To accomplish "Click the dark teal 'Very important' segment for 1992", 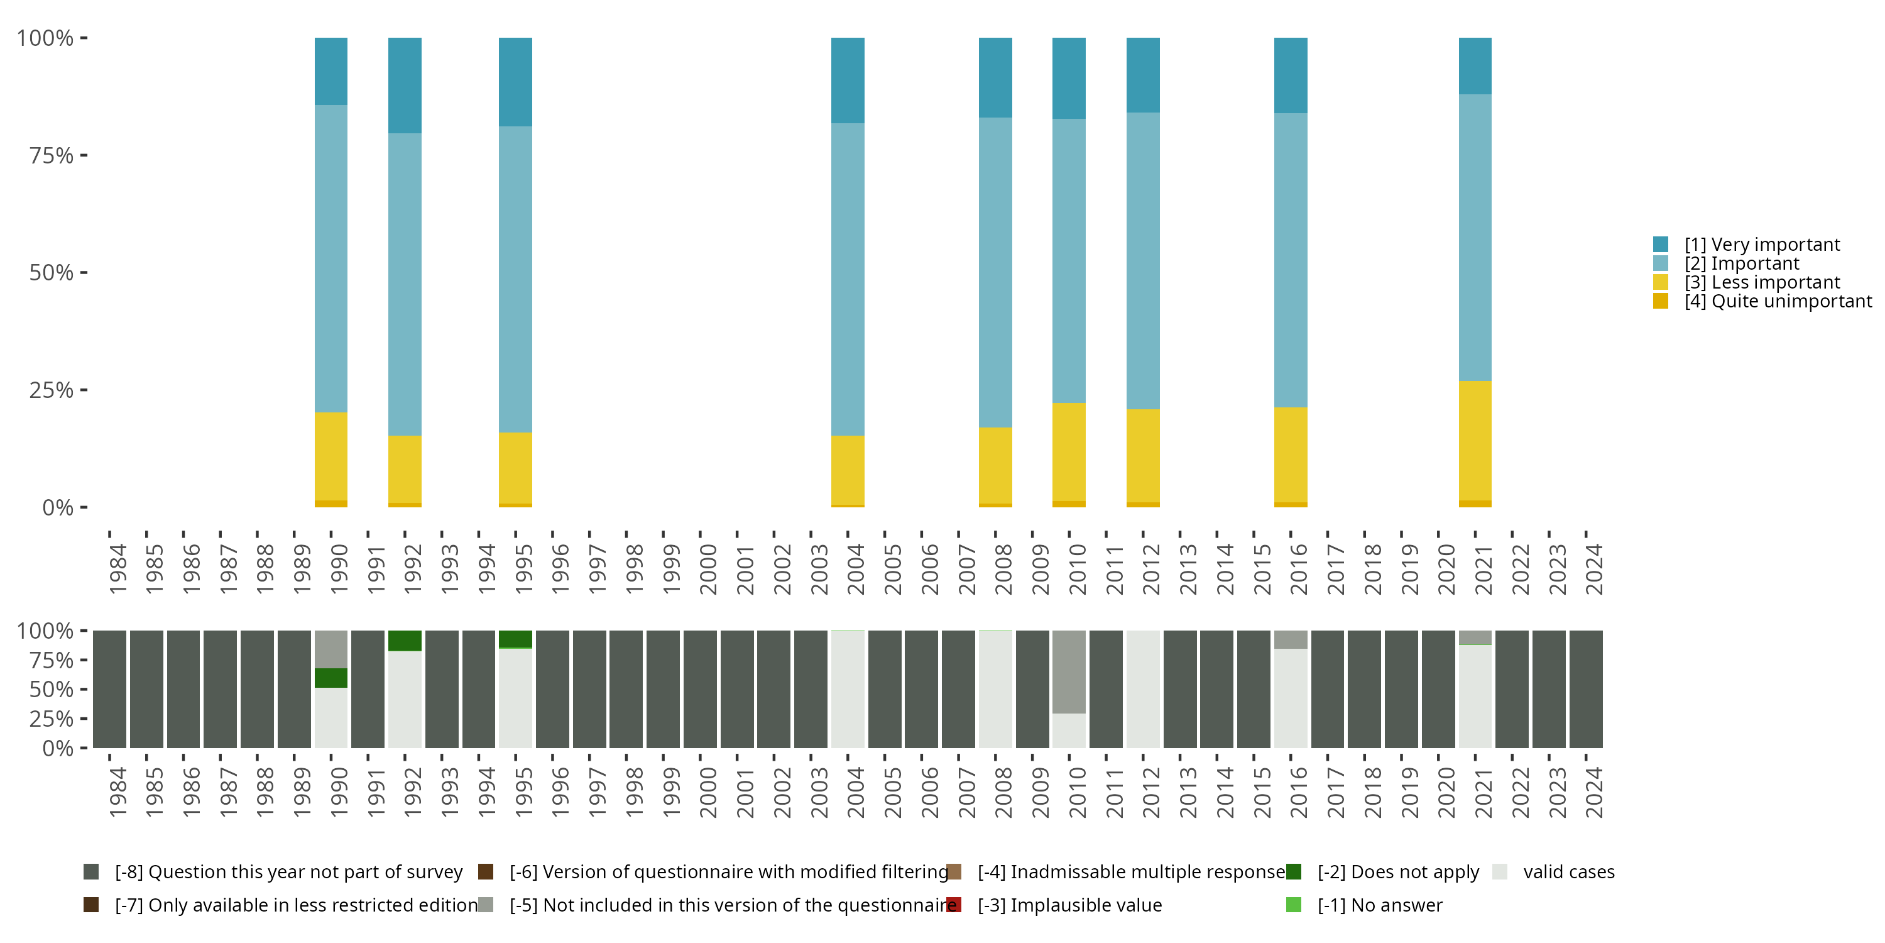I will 405,85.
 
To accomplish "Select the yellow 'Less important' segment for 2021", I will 1475,440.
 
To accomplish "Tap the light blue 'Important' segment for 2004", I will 848,279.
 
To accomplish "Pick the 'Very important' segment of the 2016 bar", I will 1291,75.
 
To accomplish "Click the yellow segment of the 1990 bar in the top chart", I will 331,456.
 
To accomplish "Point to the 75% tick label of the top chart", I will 52,155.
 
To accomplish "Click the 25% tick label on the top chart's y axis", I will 52,390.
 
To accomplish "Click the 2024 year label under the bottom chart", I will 1593,792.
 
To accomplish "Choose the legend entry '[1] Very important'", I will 1761,245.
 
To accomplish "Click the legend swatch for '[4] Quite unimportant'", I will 1660,302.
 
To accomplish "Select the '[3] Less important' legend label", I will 1761,283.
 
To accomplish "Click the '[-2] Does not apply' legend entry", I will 1397,872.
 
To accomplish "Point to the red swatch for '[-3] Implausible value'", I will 953,905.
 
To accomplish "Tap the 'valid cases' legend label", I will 1568,872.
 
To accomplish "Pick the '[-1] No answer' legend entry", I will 1379,905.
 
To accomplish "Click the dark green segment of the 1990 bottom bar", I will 331,678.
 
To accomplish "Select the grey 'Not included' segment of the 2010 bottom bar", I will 1068,671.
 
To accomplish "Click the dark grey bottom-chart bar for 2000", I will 699,689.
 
